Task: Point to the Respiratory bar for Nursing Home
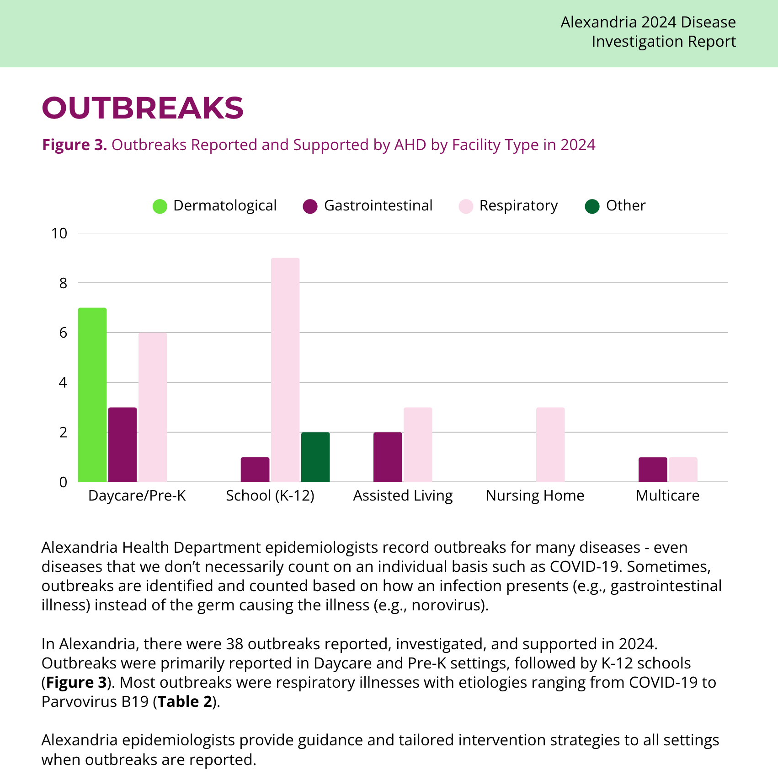pos(550,444)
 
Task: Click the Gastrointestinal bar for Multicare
pos(653,469)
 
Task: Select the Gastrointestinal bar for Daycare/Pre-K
pos(123,444)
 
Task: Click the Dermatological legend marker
pos(160,206)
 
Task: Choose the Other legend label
pos(626,205)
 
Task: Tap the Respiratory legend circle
pos(466,206)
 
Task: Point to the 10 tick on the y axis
pos(59,233)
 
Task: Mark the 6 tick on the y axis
pos(63,333)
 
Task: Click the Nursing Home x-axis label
pos(535,496)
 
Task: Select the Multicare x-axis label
pos(667,496)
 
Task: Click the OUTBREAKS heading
pos(143,108)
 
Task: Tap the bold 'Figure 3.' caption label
pos(75,145)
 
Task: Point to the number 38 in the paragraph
pos(234,644)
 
